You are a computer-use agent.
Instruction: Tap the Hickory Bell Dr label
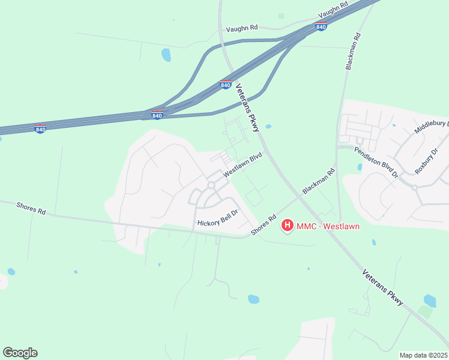tap(218, 217)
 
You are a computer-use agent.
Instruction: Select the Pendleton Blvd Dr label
tap(376, 163)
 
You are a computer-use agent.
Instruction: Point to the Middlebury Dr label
tap(432, 127)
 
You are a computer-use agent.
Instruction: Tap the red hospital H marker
tap(287, 226)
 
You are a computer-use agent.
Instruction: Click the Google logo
tap(20, 353)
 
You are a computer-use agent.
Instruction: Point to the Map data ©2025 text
tap(423, 355)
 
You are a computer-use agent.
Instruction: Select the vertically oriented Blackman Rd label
tap(352, 52)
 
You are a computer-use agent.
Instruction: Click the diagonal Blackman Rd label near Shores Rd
tap(318, 180)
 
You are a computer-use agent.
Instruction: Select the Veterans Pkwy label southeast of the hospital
tap(384, 289)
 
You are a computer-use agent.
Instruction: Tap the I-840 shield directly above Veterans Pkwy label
tap(225, 85)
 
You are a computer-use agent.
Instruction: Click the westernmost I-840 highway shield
tap(40, 128)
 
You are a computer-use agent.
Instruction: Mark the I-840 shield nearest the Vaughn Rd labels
tap(321, 26)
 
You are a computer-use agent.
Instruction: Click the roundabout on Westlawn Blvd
tap(211, 185)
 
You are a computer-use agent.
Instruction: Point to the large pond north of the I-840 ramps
tap(166, 55)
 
